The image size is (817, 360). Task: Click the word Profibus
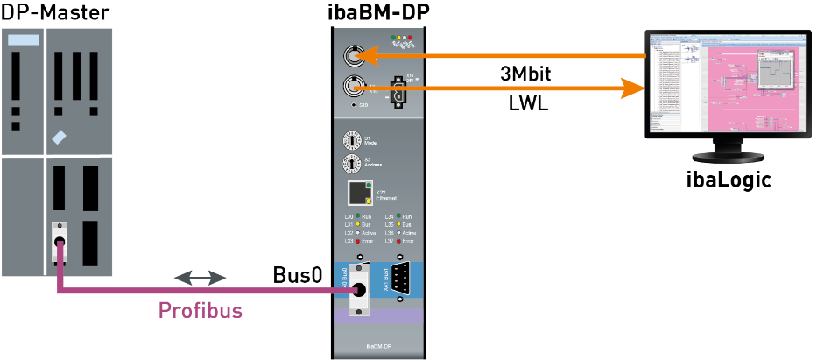(200, 310)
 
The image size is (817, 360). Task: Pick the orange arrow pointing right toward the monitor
(499, 87)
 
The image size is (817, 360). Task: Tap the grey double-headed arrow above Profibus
(200, 278)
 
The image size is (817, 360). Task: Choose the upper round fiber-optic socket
(353, 57)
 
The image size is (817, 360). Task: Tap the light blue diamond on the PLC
(59, 138)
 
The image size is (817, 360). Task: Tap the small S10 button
(353, 106)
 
